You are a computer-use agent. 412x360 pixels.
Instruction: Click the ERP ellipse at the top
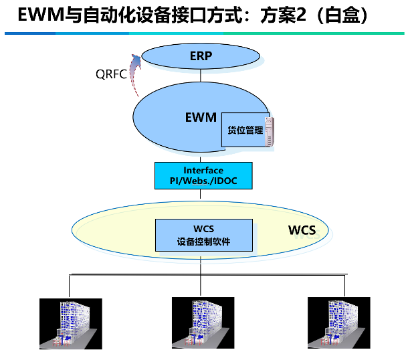point(201,56)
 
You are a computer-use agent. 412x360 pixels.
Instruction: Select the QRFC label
point(110,74)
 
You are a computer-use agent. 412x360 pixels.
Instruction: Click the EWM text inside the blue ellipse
point(200,118)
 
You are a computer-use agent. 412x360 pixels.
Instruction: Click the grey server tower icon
point(270,131)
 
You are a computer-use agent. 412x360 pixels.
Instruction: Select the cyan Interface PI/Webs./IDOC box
point(203,176)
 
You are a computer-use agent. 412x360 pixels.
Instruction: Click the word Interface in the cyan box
point(203,171)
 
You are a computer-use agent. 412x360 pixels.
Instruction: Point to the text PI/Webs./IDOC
point(203,181)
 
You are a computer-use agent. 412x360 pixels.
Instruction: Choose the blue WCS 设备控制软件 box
point(204,235)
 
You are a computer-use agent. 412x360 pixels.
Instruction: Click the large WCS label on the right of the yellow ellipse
point(302,231)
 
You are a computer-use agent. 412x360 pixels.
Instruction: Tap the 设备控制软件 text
point(204,242)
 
